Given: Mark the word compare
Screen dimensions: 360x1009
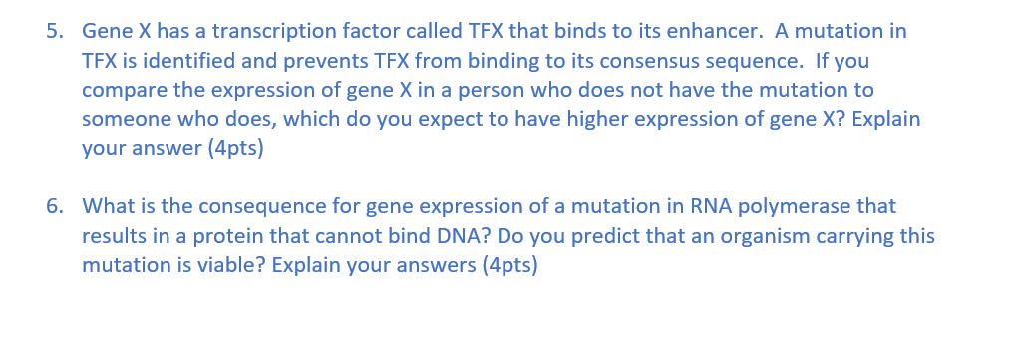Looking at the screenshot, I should pyautogui.click(x=122, y=90).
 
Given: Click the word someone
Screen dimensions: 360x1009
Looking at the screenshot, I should pyautogui.click(x=125, y=119).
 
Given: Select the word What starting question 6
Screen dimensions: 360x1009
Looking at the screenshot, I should pyautogui.click(x=107, y=206).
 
